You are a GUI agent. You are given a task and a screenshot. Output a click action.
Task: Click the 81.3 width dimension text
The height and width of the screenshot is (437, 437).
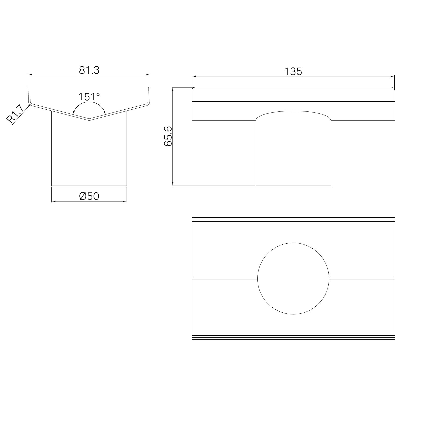point(89,70)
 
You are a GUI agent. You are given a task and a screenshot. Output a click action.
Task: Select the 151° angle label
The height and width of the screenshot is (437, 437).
point(89,97)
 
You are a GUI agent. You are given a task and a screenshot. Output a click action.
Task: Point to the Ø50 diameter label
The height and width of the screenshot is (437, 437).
point(89,196)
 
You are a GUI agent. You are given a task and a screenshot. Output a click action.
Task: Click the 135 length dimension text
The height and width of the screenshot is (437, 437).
point(293,72)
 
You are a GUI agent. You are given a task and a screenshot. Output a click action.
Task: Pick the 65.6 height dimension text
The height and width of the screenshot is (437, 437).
point(168,136)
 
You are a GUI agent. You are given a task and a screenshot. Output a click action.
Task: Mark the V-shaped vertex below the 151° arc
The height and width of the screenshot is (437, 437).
point(89,120)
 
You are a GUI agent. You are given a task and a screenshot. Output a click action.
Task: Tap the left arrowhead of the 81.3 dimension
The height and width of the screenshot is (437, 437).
point(30,75)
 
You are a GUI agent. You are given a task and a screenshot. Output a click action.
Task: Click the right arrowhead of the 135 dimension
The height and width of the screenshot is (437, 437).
point(392,76)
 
